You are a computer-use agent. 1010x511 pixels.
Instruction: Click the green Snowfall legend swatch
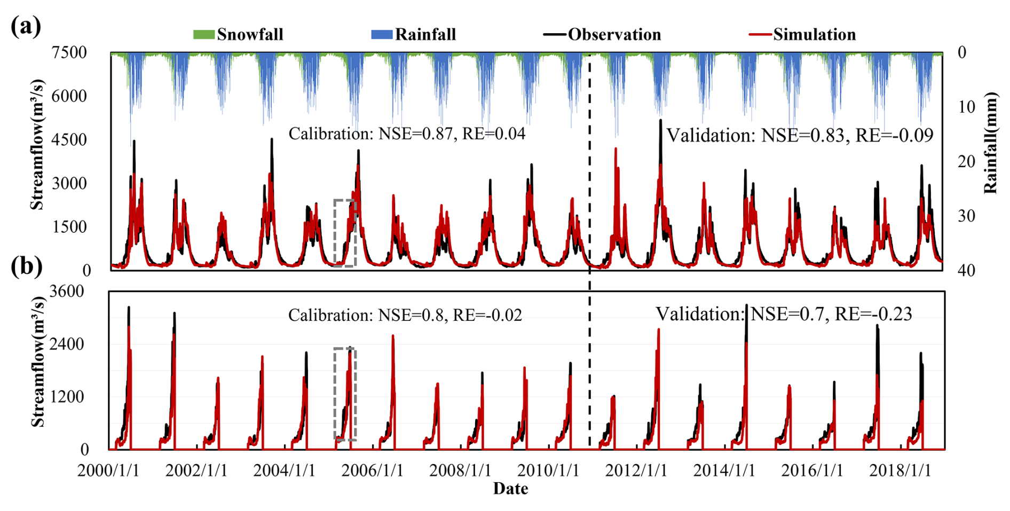(x=203, y=35)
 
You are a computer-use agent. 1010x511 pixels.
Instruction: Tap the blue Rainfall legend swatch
(x=382, y=35)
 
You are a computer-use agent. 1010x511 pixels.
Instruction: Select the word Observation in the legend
(x=614, y=35)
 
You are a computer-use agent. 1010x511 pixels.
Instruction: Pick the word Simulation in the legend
(x=814, y=35)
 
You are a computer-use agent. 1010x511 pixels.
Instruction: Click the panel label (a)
(x=26, y=26)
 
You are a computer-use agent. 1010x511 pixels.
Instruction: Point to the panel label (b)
(x=26, y=266)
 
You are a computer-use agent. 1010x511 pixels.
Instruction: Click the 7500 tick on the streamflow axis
(x=69, y=53)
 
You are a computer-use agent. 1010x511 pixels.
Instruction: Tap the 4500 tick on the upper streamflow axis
(x=69, y=140)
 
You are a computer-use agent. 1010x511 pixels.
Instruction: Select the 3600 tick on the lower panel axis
(x=67, y=292)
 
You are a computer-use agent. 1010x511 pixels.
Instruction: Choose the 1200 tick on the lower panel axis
(x=67, y=397)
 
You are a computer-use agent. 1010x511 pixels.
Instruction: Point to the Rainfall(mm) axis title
(x=991, y=143)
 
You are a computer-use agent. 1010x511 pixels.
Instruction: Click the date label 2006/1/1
(x=372, y=471)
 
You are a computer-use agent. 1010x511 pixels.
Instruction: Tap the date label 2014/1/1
(x=724, y=471)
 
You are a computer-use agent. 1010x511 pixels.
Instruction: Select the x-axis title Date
(x=510, y=489)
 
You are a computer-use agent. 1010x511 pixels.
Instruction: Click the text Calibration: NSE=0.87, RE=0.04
(x=407, y=133)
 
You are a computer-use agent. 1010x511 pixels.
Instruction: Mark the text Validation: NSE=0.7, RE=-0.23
(x=784, y=314)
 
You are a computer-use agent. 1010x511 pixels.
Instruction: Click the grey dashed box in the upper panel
(x=344, y=233)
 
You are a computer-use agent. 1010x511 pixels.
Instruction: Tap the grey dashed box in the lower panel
(x=344, y=394)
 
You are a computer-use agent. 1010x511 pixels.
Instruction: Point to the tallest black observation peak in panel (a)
(x=660, y=121)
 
